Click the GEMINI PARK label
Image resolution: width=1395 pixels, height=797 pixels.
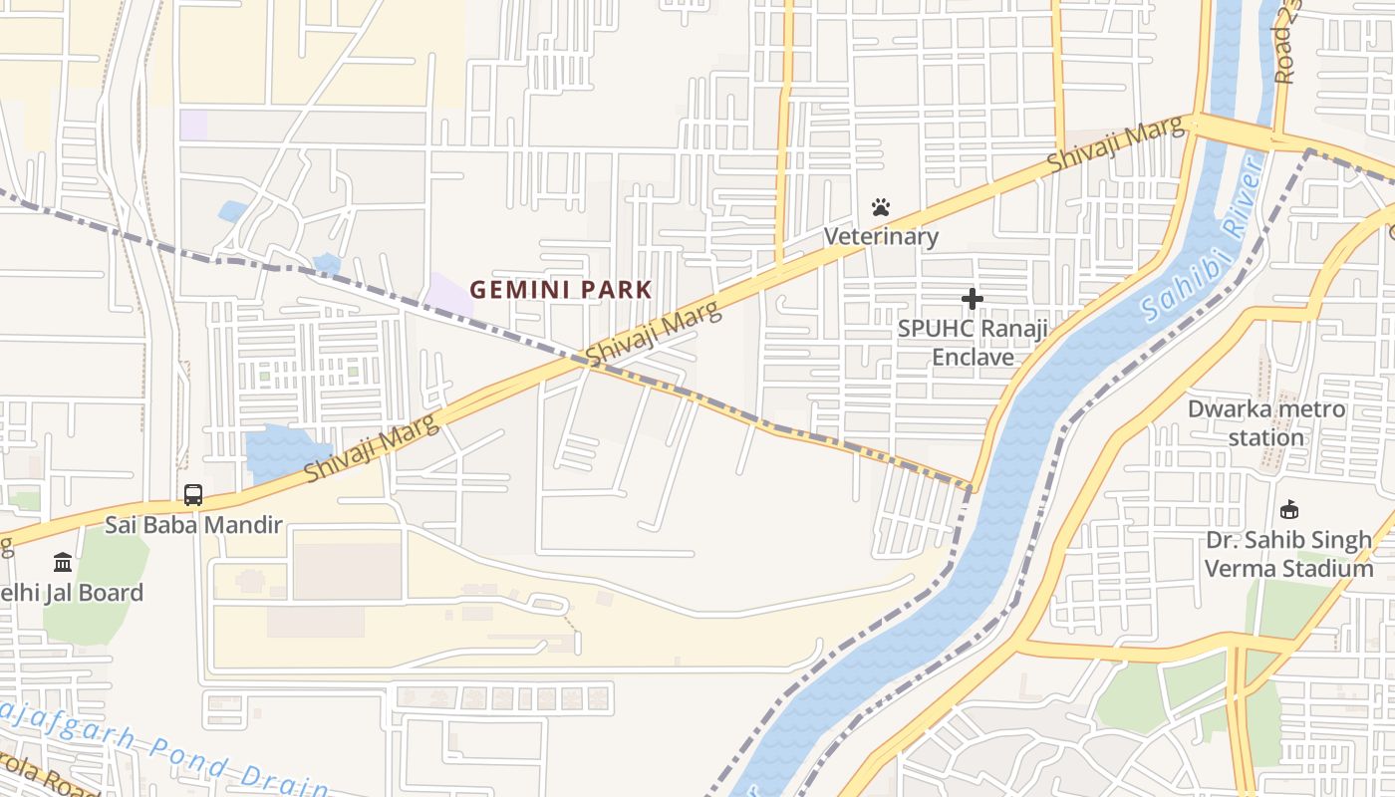(x=561, y=290)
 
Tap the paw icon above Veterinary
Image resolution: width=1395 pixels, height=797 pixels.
(x=881, y=207)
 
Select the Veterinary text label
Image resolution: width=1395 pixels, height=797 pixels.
(x=881, y=236)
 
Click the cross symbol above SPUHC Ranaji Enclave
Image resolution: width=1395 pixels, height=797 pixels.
(x=972, y=298)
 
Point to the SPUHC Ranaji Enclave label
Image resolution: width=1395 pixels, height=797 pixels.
(x=973, y=343)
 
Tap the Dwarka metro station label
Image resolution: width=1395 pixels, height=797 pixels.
(x=1265, y=423)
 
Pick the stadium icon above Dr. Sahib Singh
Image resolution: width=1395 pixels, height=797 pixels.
(x=1289, y=510)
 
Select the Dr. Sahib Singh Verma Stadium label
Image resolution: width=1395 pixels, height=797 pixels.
(x=1289, y=555)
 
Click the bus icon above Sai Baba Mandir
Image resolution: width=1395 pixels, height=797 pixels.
(x=193, y=494)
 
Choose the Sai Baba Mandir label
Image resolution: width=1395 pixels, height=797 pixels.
(x=194, y=524)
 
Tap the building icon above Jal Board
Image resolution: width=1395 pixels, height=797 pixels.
(x=63, y=562)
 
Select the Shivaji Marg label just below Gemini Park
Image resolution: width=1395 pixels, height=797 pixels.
(x=653, y=334)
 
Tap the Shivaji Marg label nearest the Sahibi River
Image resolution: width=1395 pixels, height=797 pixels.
(x=1116, y=146)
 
